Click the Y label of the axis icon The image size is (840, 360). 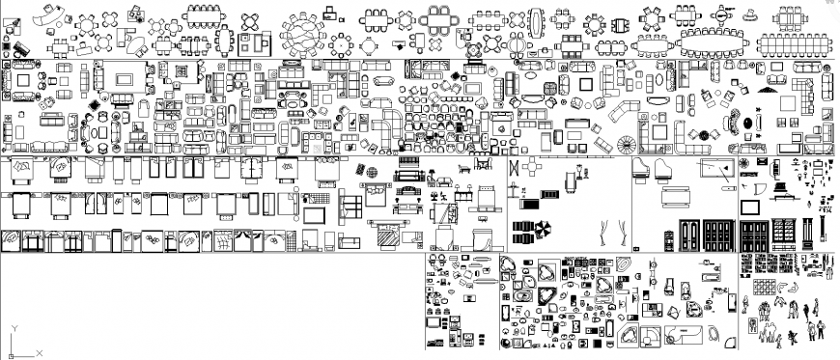click(12, 330)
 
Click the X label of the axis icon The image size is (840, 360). click(42, 354)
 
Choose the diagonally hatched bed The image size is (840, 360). click(387, 233)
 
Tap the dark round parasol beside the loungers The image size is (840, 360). click(543, 232)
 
